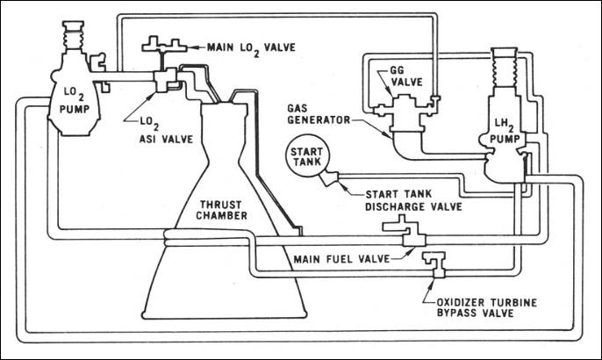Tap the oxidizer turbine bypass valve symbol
(x=434, y=261)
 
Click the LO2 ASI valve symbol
(x=166, y=81)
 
